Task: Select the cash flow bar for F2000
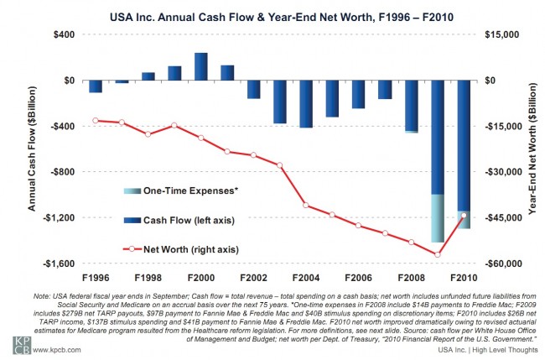(200, 67)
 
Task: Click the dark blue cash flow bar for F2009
(437, 138)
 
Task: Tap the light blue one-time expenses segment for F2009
(437, 218)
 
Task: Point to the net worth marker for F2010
(464, 216)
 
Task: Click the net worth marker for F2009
(438, 255)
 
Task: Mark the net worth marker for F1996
(96, 121)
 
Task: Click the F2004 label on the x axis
(305, 277)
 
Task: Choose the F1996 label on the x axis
(95, 277)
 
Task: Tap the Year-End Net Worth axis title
(532, 149)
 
